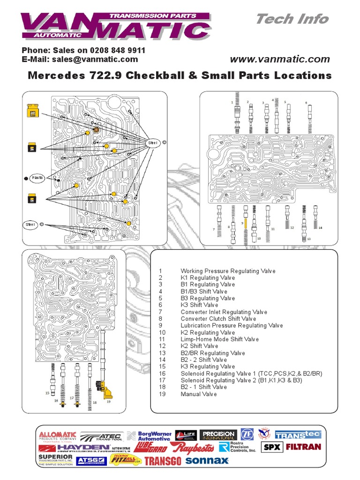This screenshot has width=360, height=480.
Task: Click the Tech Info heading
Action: (x=292, y=19)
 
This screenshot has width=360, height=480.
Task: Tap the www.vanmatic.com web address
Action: (x=280, y=60)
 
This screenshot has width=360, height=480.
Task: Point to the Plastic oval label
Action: (x=37, y=178)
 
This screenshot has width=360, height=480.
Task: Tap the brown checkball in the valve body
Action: (x=96, y=129)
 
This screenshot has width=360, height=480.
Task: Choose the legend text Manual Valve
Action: (x=199, y=394)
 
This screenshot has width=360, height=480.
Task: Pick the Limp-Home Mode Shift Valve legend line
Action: (x=219, y=339)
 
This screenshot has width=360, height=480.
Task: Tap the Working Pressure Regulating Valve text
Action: (x=228, y=271)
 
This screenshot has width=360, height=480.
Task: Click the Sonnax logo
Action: (x=207, y=460)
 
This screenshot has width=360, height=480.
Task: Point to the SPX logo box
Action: (x=271, y=447)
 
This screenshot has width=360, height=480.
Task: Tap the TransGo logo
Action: (x=163, y=461)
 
